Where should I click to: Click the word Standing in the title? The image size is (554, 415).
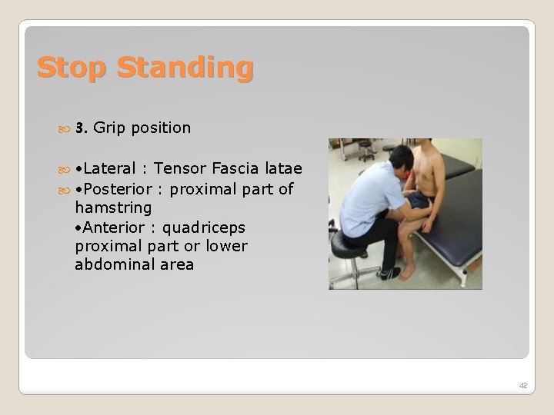(x=185, y=68)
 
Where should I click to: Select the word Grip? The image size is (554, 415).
(x=109, y=128)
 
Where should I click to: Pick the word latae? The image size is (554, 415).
(x=283, y=168)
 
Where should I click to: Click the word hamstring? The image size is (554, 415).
(x=113, y=208)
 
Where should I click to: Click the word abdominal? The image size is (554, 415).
(x=113, y=265)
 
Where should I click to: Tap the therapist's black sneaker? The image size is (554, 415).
(x=389, y=273)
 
